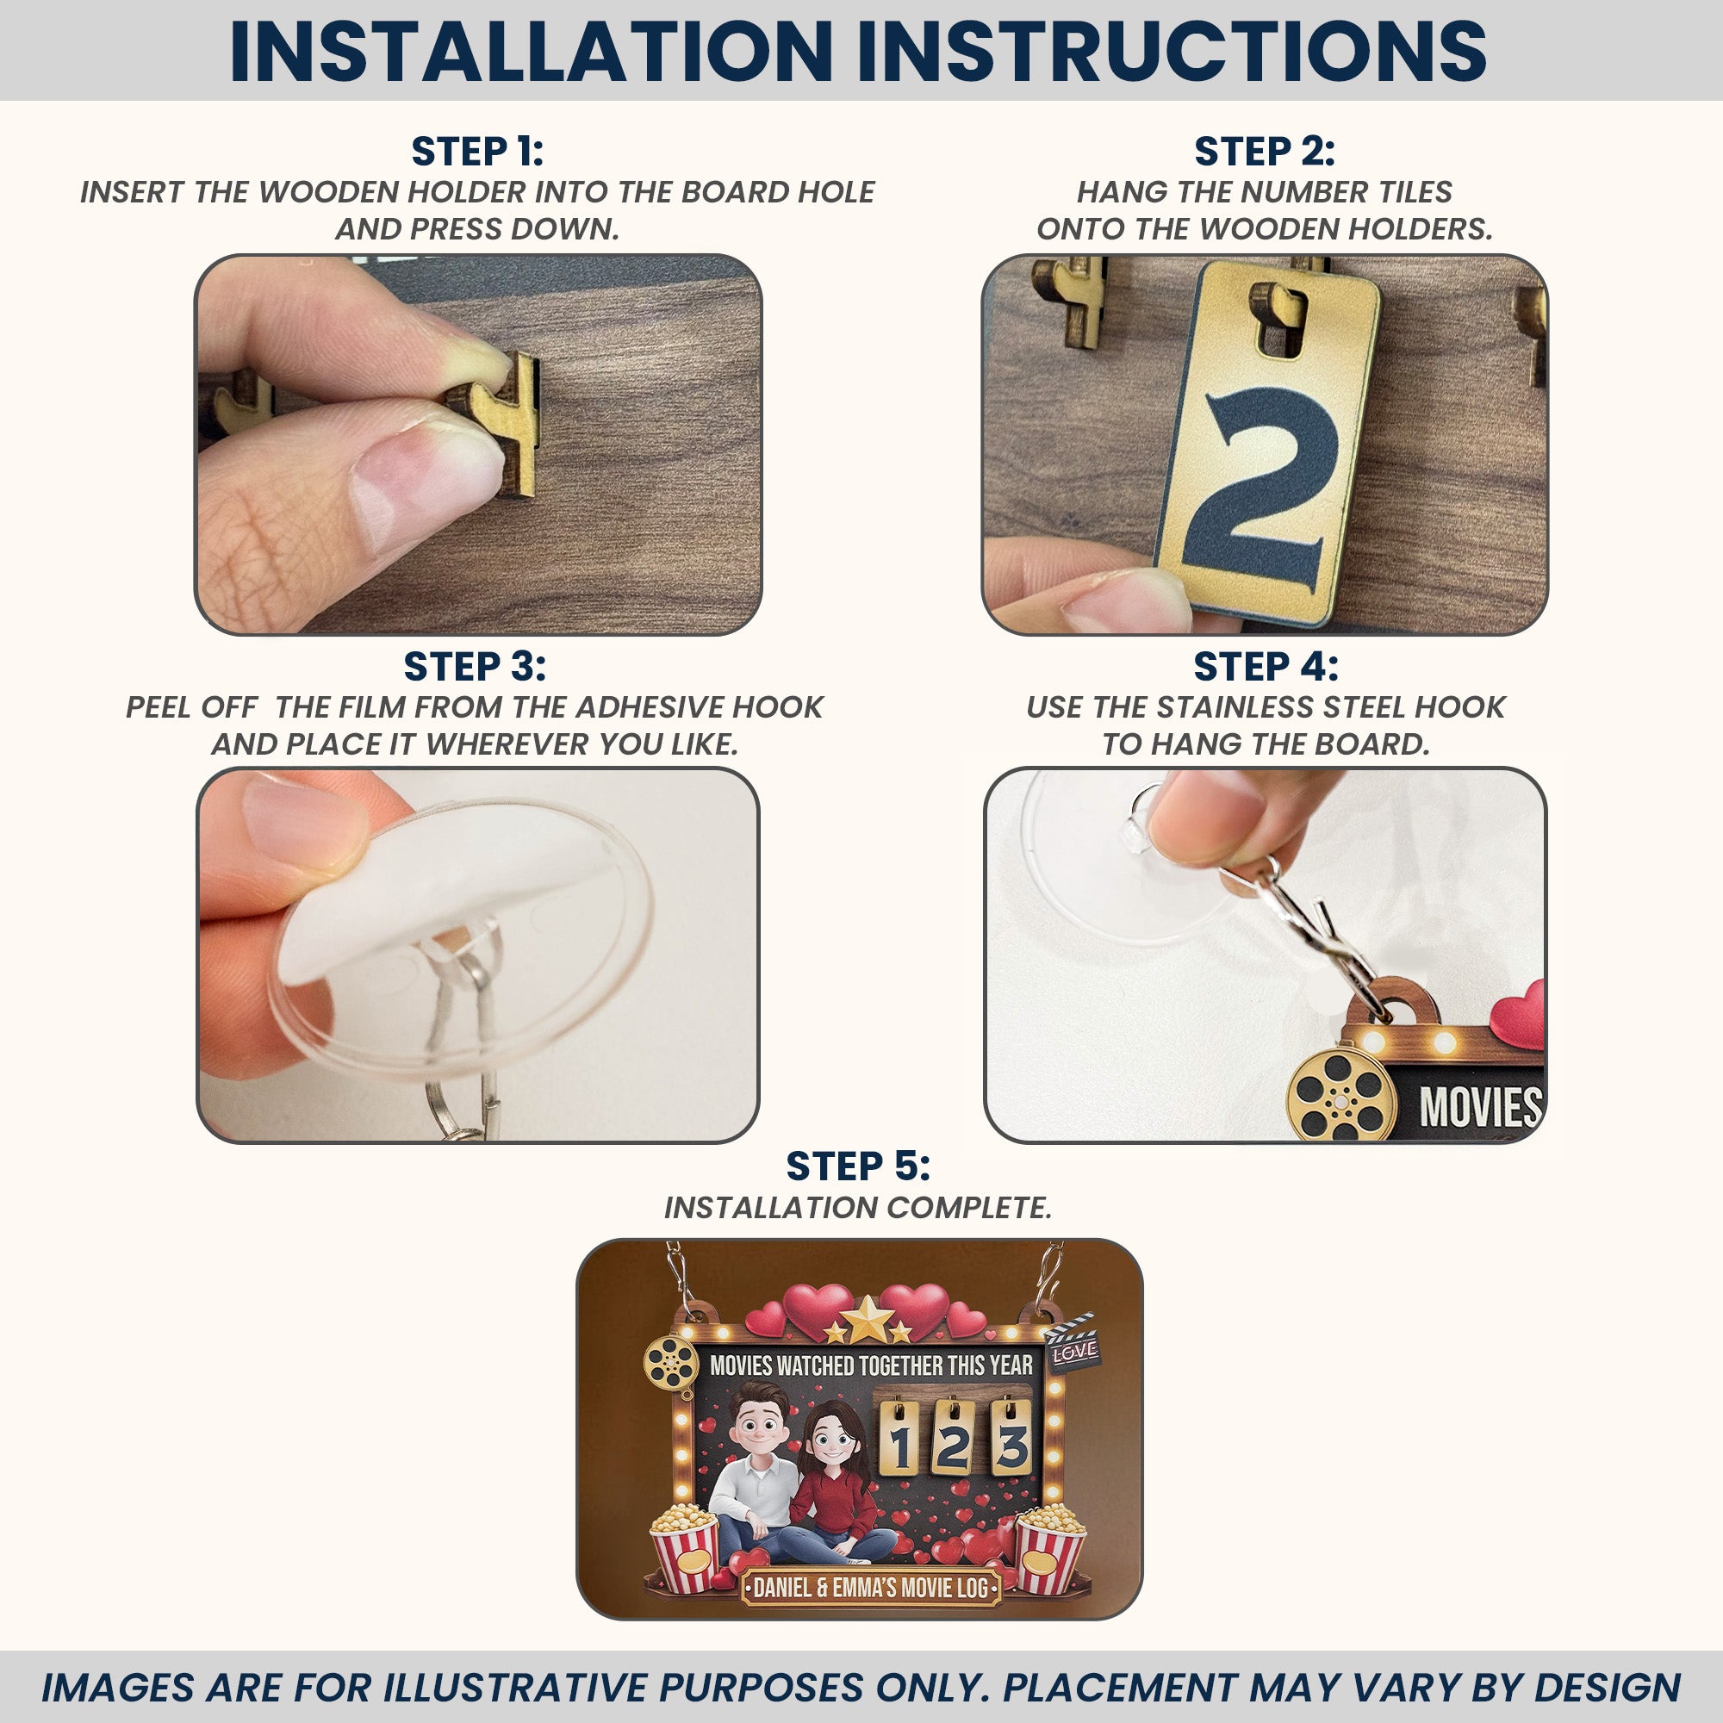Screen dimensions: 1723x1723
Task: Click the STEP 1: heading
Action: coord(477,152)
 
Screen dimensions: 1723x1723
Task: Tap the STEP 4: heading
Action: coord(1266,667)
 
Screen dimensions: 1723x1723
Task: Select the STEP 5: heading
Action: coord(858,1166)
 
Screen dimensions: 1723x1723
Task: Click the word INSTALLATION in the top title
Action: coord(532,51)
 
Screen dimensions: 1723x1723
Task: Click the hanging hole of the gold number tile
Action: coord(1281,323)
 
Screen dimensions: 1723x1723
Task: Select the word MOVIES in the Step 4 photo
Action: coord(1480,1107)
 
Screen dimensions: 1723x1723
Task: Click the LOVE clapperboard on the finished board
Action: coord(1073,1342)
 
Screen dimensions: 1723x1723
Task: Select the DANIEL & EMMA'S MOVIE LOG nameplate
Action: coord(871,1589)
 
